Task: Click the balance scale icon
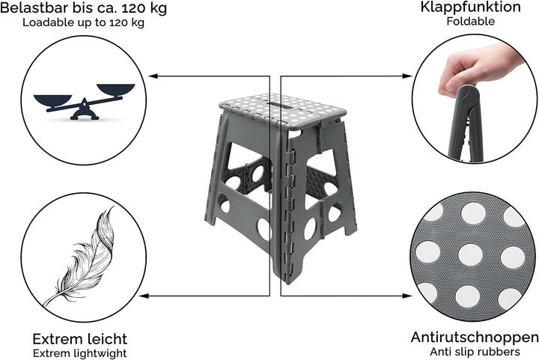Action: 84,102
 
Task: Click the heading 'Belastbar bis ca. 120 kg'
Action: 84,8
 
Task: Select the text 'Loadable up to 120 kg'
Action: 84,22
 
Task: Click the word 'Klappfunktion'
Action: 471,7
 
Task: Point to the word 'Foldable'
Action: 471,21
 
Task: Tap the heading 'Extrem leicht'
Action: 80,339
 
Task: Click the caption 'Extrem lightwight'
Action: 80,353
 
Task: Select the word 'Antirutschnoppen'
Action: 475,338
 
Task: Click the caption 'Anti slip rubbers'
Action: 475,352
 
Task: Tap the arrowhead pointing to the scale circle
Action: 153,76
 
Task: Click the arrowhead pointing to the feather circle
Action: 144,296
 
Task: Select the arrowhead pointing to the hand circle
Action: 407,76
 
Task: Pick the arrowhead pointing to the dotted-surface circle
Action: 407,296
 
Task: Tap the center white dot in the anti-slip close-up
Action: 471,255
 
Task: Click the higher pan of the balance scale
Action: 116,89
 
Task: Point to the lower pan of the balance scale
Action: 52,100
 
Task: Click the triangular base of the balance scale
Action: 85,112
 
